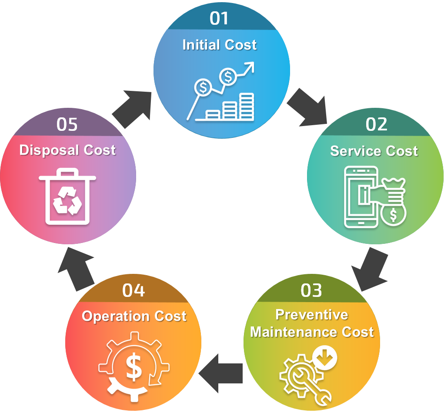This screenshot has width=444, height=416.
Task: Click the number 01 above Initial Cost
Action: (219, 18)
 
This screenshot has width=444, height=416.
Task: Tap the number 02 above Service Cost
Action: (376, 124)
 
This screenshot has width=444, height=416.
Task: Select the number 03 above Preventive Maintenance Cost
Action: (311, 290)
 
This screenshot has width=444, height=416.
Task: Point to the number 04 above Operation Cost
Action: (134, 290)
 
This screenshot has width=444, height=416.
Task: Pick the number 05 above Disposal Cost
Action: (67, 124)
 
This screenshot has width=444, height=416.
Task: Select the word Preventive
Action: (312, 314)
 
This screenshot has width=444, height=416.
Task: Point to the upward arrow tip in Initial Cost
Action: (250, 65)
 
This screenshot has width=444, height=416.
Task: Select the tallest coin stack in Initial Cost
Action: (247, 106)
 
